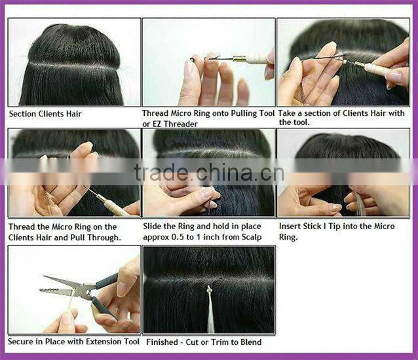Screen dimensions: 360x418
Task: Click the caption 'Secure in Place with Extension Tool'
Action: click(x=73, y=342)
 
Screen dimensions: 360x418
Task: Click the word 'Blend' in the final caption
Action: click(x=249, y=342)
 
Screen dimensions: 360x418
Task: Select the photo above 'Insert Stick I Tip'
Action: click(x=343, y=173)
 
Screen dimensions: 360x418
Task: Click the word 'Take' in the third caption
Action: click(x=289, y=113)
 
